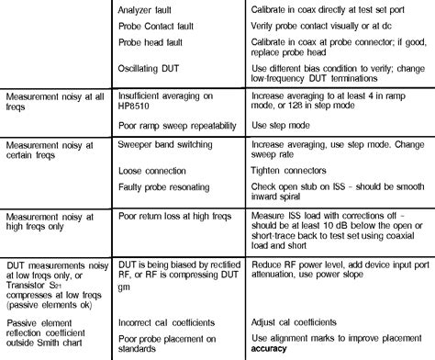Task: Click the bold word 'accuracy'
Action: [278, 350]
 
